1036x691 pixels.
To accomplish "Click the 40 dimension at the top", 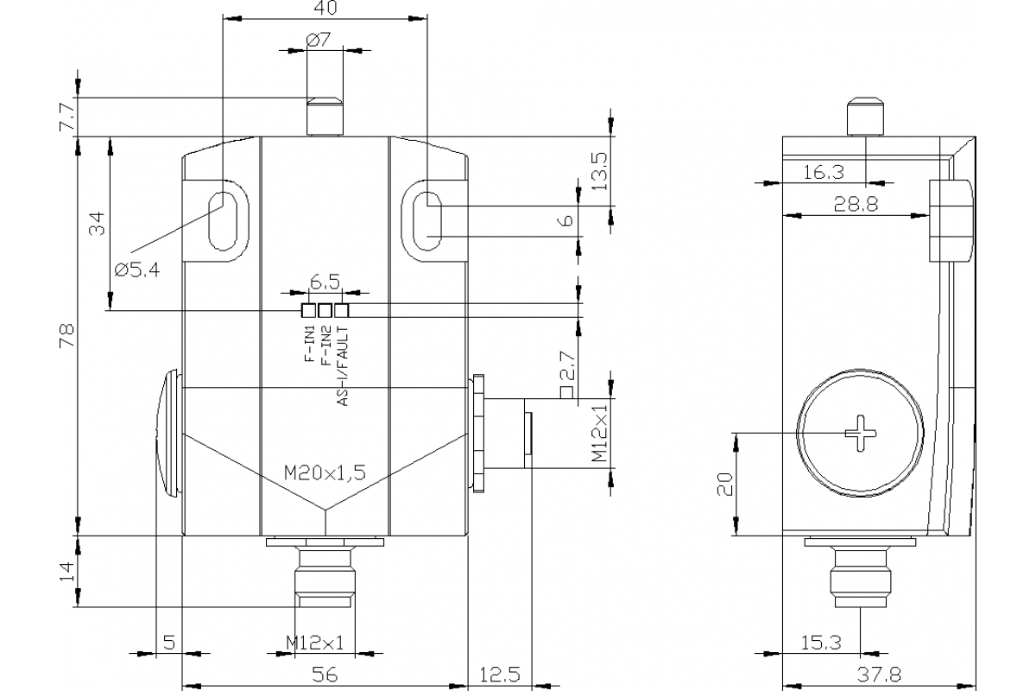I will point(326,9).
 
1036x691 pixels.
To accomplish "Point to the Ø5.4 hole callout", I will point(136,269).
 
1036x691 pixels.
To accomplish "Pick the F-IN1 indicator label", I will point(309,346).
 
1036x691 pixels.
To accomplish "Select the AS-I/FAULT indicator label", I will point(342,366).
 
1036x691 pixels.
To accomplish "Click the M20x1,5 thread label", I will point(325,472).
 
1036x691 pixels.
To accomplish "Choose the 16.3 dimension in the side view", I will point(823,172).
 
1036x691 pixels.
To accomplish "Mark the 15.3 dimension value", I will point(823,643).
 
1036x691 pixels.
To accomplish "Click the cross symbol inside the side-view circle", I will point(861,431).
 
